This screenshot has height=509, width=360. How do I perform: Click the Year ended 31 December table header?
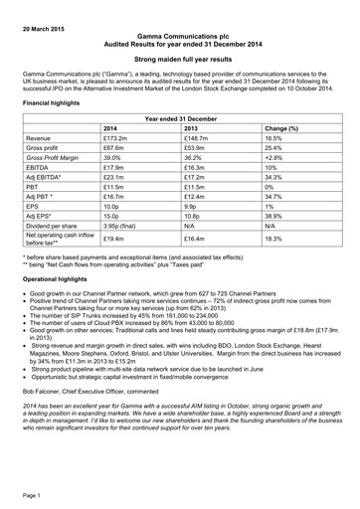[x=180, y=117]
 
